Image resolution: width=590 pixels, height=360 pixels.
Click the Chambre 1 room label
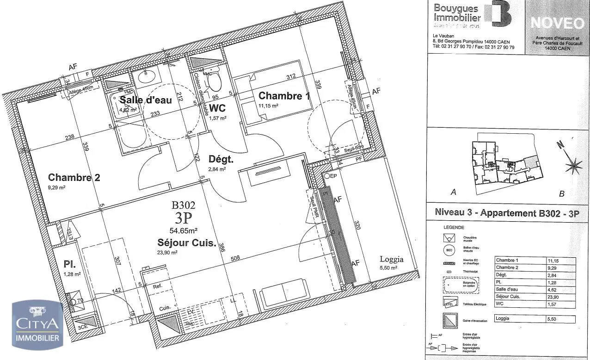tap(284, 96)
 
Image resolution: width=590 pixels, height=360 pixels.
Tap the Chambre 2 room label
tap(74, 177)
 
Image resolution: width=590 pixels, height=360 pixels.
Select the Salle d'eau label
tap(146, 99)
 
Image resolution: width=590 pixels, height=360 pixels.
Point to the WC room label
tap(218, 108)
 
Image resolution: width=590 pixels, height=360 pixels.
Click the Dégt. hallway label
tap(221, 159)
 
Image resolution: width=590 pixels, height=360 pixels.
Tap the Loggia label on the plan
tap(392, 260)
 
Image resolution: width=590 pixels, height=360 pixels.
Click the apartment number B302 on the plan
tap(184, 205)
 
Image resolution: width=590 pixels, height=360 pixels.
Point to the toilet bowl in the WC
tap(214, 82)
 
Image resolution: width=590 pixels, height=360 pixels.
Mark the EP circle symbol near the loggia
tap(327, 176)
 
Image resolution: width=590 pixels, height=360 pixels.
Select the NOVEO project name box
tap(557, 23)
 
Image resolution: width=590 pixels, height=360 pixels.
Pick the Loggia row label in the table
tap(504, 319)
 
